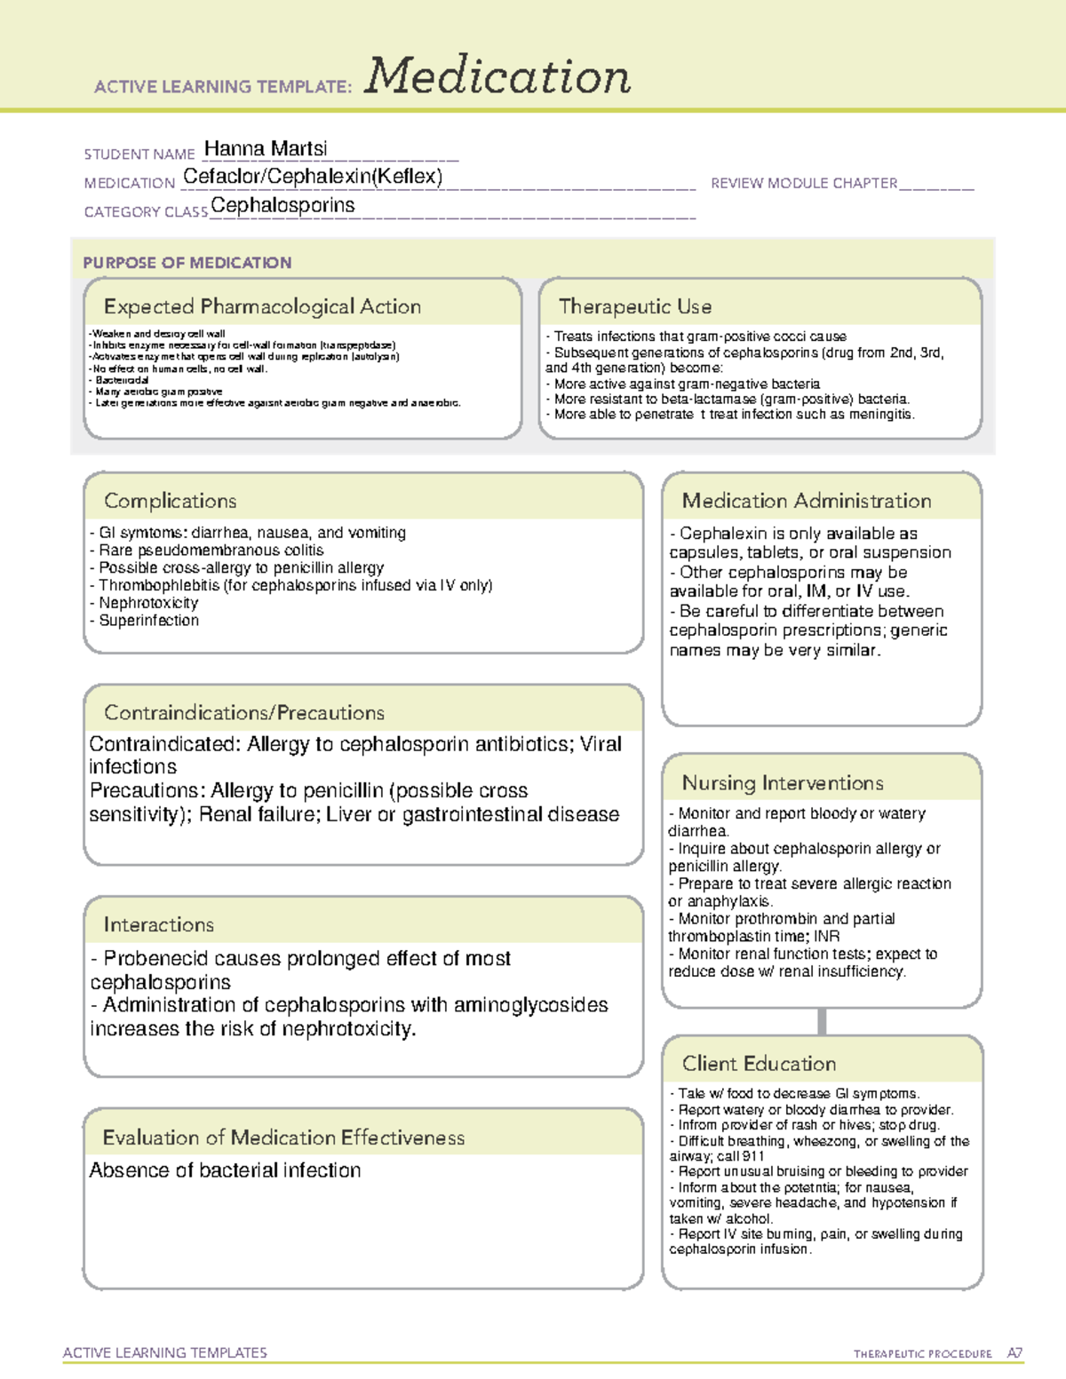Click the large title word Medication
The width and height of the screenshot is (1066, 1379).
497,76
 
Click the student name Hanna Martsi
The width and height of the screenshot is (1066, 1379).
266,148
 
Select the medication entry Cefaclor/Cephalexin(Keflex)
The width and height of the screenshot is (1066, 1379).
313,177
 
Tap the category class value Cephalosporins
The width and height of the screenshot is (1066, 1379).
282,206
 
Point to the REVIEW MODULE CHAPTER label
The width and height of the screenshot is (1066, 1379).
804,183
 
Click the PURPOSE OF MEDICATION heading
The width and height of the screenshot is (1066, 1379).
187,263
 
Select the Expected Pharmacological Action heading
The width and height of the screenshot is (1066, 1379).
262,307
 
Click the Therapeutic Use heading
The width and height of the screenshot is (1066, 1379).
634,307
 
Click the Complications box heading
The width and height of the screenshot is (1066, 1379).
170,501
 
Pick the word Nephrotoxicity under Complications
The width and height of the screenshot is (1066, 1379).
148,603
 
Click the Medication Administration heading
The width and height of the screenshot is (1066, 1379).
806,501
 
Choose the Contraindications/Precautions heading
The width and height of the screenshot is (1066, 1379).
243,713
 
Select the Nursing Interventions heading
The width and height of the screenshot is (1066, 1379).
782,783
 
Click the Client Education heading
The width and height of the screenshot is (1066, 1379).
759,1064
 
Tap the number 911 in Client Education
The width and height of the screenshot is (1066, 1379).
753,1156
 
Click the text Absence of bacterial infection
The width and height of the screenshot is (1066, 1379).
225,1170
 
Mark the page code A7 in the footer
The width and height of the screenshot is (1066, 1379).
1014,1353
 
